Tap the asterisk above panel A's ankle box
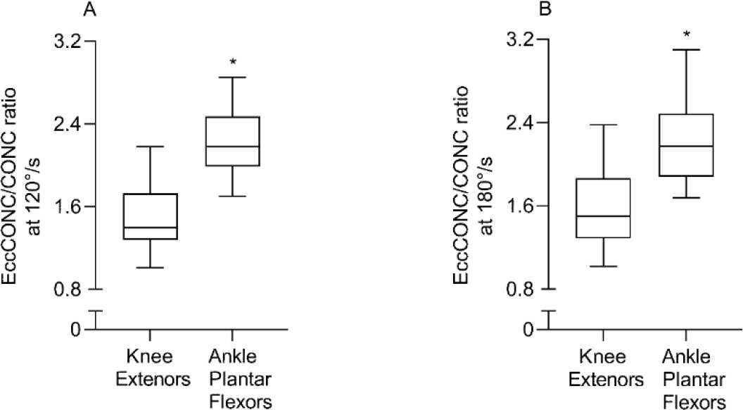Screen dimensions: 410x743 (233, 63)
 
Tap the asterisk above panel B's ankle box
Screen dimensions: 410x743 (687, 35)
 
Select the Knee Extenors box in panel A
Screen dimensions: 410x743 (149, 216)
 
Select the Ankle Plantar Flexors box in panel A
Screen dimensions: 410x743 (233, 141)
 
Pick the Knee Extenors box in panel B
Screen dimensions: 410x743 (603, 208)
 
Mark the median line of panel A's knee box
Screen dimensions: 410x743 (149, 228)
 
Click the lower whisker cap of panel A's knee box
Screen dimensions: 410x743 (149, 268)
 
